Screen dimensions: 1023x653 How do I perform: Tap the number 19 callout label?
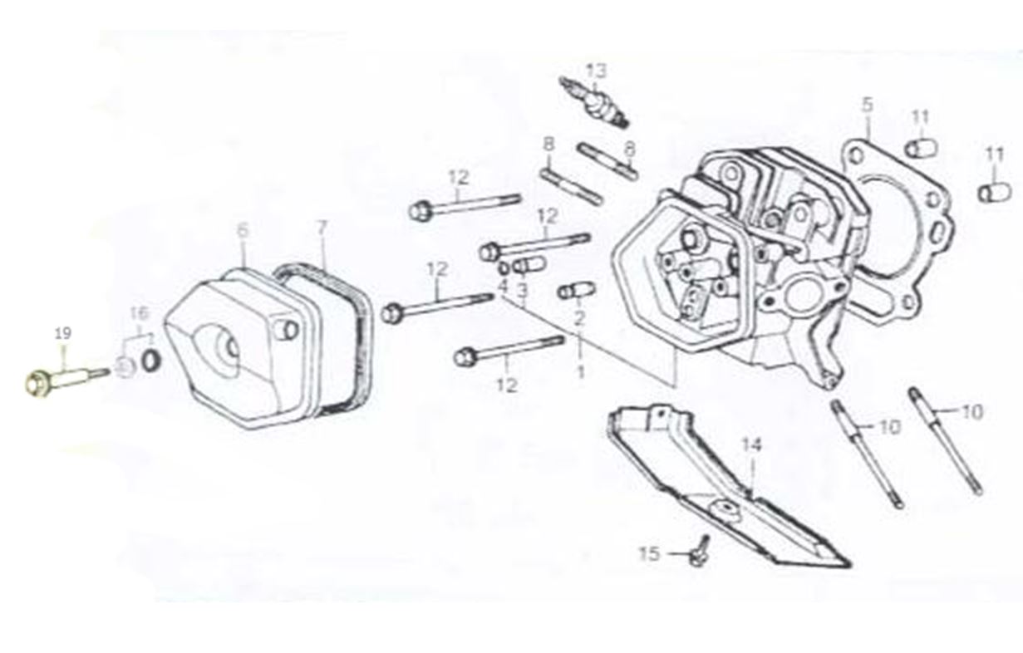[63, 334]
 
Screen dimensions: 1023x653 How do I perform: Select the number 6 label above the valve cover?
[243, 231]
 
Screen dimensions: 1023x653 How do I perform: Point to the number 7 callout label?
[322, 228]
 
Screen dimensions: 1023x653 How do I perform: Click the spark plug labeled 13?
[595, 102]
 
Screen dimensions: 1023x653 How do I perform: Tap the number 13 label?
[597, 71]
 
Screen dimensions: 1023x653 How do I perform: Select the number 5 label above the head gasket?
[867, 105]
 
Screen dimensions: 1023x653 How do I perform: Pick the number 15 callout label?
[650, 554]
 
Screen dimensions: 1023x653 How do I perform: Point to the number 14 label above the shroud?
[751, 444]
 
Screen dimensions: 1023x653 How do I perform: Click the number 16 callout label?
[140, 313]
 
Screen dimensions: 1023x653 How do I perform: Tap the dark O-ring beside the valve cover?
[151, 360]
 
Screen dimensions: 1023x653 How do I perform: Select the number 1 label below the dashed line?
[580, 372]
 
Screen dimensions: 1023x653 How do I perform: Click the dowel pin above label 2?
[577, 291]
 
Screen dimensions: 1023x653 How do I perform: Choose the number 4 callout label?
[503, 287]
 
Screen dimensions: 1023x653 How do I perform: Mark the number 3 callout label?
[523, 289]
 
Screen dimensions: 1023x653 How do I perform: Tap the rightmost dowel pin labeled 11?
[995, 192]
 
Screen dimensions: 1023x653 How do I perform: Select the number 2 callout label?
[579, 318]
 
